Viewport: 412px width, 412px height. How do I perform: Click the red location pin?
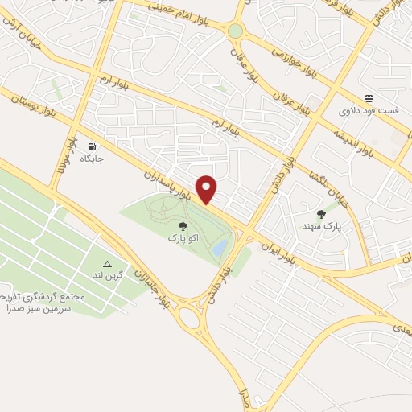tap(208, 188)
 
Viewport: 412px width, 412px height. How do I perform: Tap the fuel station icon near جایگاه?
tap(93, 146)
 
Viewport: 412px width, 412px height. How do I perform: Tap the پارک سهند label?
tap(326, 227)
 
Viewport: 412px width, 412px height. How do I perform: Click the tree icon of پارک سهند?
tap(322, 214)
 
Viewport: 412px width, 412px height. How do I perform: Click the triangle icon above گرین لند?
tap(107, 264)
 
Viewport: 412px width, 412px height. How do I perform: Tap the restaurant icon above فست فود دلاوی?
tap(368, 97)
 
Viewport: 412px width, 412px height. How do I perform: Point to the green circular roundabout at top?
tap(234, 31)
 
